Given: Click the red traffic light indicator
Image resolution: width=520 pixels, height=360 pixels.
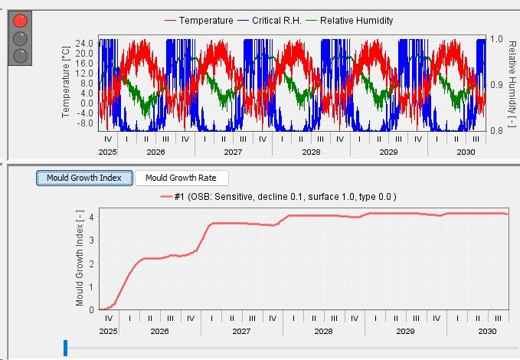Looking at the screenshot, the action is point(20,21).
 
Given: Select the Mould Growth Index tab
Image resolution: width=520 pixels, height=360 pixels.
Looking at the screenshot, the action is point(84,178).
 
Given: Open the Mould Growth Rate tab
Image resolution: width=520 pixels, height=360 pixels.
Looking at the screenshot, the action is point(181,178).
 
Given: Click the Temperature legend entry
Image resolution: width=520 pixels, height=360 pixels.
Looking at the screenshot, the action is point(199,21).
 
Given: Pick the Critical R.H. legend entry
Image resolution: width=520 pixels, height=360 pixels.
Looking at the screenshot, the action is point(270,21).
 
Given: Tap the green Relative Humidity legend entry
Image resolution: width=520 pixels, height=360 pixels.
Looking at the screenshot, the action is point(349,21).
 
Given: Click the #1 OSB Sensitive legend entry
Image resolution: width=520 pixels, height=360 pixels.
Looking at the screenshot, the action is point(278,197).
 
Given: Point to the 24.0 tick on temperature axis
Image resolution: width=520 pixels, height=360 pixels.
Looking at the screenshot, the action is point(84,44).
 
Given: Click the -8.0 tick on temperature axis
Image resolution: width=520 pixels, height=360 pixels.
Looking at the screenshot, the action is point(84,123).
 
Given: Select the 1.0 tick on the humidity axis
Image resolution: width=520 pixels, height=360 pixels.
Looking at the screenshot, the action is point(496,39).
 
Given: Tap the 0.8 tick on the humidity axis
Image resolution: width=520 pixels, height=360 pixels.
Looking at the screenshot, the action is point(496,131).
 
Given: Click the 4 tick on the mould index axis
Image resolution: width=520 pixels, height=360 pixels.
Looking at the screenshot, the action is point(92,217).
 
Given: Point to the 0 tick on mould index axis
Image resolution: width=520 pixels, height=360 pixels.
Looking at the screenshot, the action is point(92,310).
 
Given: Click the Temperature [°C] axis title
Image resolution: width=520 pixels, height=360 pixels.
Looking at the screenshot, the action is point(66,82).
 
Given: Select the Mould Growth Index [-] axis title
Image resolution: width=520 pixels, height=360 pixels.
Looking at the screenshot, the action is point(80,258).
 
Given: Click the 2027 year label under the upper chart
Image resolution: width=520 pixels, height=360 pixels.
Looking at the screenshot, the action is point(233,152).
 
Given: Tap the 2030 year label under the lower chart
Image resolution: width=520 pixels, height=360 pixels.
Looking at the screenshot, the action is point(487,331).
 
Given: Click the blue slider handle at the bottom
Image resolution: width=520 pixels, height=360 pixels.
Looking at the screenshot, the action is point(65,348).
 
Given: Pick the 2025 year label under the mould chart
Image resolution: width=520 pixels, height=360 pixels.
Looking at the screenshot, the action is point(108,331).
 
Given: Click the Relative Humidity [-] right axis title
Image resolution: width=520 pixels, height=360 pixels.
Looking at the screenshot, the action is point(512,83).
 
